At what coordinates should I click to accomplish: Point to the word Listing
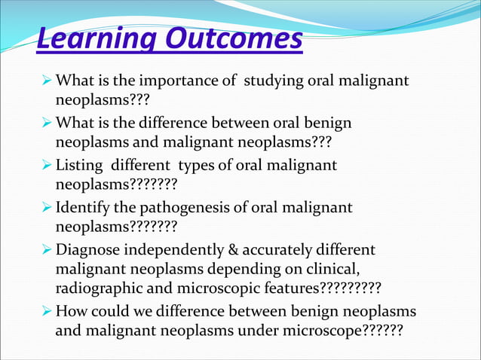tap(80, 165)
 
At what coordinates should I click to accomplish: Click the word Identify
tap(85, 207)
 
